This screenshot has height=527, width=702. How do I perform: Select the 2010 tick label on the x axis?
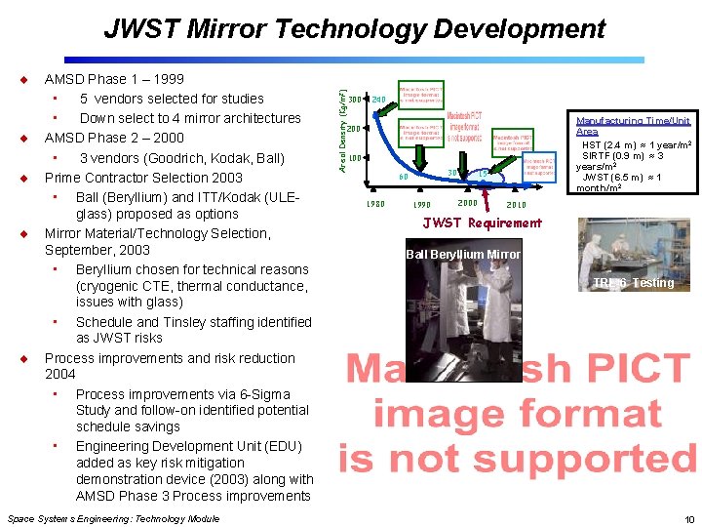[x=516, y=205]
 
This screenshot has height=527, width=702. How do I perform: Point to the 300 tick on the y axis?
[x=355, y=99]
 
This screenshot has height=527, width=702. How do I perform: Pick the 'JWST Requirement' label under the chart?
[x=482, y=223]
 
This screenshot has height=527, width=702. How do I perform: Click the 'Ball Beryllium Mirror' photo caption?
[x=462, y=255]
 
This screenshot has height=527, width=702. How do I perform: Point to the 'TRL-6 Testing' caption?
[x=633, y=283]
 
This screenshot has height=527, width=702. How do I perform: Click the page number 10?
[x=688, y=519]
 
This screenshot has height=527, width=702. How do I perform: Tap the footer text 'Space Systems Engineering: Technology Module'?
[x=113, y=519]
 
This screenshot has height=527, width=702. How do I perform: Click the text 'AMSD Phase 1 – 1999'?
[x=114, y=79]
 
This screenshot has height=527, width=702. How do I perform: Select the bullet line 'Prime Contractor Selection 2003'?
[x=143, y=178]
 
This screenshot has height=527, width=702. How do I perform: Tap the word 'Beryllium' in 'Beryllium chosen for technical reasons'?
[x=105, y=269]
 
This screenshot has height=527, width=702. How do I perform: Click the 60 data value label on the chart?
[x=403, y=178]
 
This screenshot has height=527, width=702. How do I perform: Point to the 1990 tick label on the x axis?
[x=422, y=205]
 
